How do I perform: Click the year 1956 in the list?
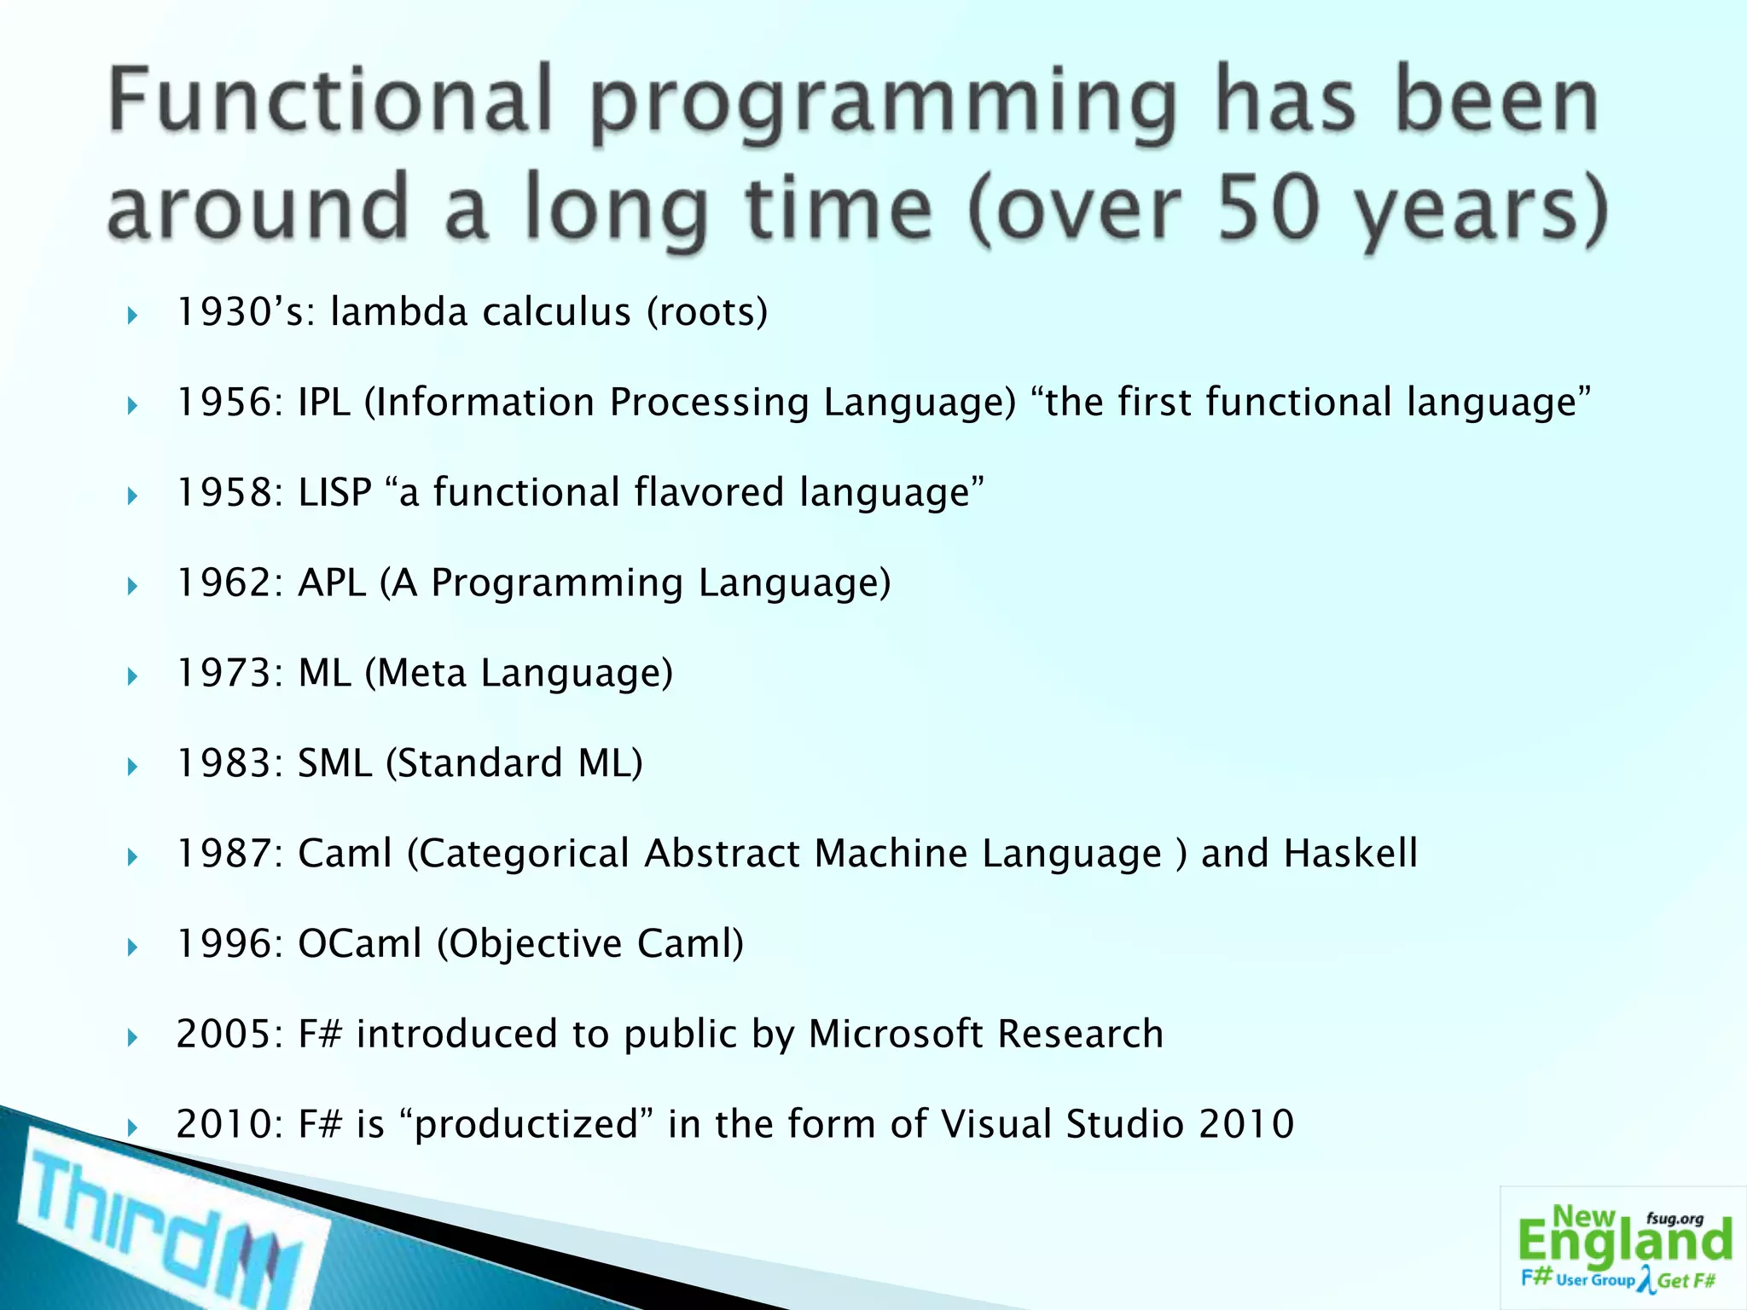pyautogui.click(x=224, y=403)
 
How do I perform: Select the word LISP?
pyautogui.click(x=334, y=493)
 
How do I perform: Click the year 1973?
pyautogui.click(x=224, y=674)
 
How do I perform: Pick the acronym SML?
pyautogui.click(x=334, y=763)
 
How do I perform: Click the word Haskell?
pyautogui.click(x=1350, y=854)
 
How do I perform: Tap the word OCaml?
pyautogui.click(x=359, y=944)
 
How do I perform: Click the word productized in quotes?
pyautogui.click(x=526, y=1125)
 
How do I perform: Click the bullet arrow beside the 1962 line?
pyautogui.click(x=132, y=586)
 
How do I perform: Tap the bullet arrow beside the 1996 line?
pyautogui.click(x=132, y=947)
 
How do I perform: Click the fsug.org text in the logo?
pyautogui.click(x=1674, y=1219)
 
